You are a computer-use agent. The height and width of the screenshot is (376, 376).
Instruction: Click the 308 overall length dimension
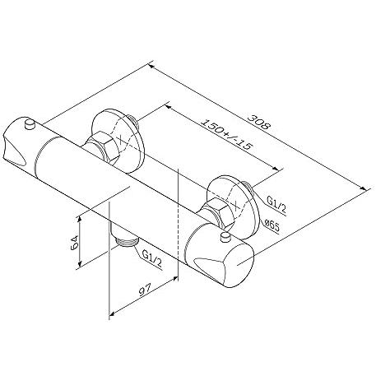click(259, 122)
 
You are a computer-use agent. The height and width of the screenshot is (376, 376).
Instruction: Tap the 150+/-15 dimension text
click(226, 134)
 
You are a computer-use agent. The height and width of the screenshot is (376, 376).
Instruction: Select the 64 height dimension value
click(74, 242)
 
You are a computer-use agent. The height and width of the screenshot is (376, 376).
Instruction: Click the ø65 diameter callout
click(272, 226)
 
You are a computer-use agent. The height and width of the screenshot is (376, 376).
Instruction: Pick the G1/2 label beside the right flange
click(276, 205)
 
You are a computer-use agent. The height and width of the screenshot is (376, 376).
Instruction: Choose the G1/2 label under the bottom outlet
click(152, 259)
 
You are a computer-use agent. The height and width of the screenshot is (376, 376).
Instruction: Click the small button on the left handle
click(30, 124)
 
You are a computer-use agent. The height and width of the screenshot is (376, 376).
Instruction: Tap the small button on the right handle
click(225, 238)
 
